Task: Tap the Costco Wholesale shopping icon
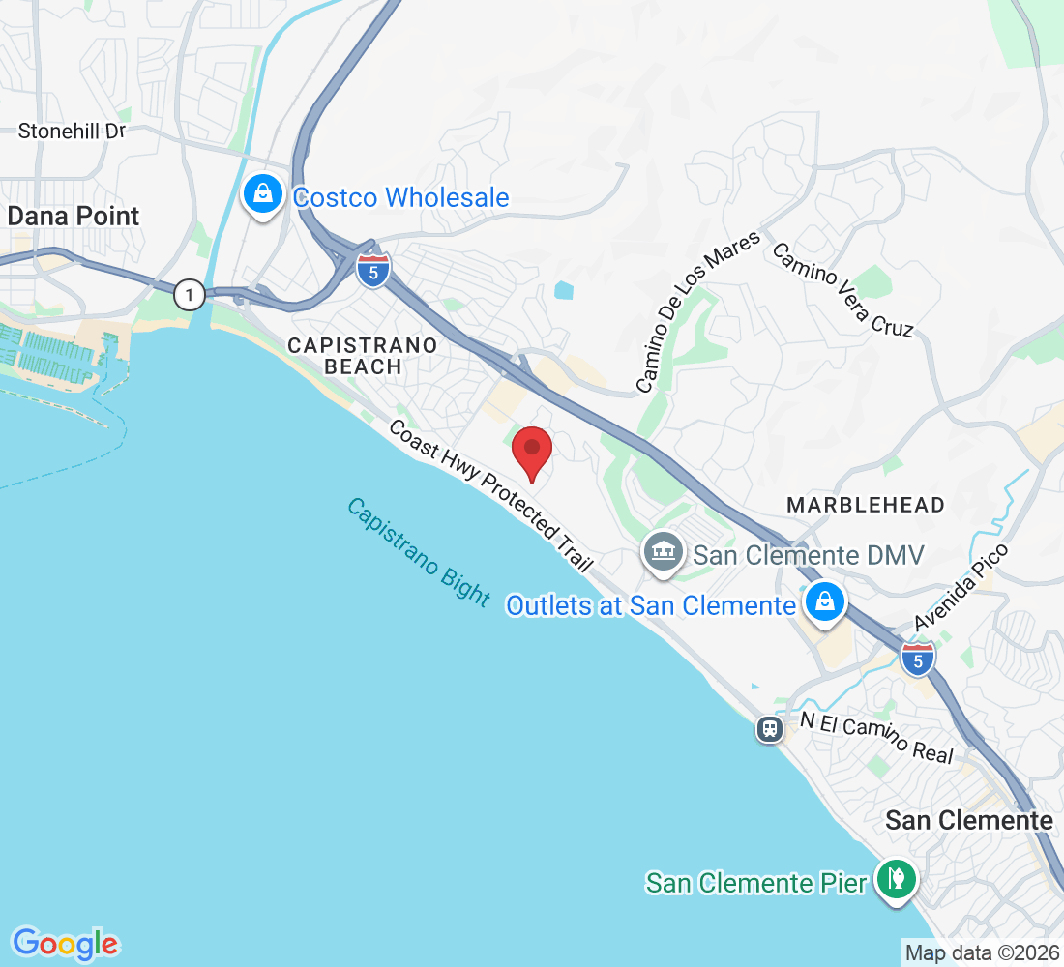pos(262,196)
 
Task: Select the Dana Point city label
pos(74,216)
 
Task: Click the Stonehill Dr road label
pos(73,131)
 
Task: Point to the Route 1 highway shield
pos(191,295)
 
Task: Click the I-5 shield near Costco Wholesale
pos(373,270)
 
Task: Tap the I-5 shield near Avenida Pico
pos(918,659)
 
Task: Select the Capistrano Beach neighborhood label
pos(363,355)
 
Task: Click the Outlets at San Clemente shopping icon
pos(824,602)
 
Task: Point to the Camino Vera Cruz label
pos(842,289)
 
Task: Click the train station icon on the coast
pos(770,728)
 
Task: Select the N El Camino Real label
pos(877,738)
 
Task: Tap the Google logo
pos(65,943)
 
